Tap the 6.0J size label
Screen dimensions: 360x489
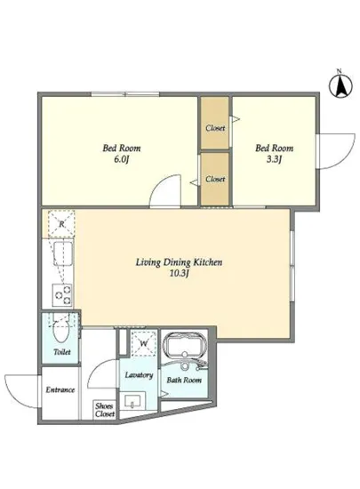click(x=122, y=160)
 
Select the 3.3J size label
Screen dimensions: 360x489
click(x=275, y=160)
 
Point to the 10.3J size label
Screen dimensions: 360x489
click(x=180, y=274)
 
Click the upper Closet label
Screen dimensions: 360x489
click(x=215, y=128)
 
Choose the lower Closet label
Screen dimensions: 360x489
click(x=215, y=179)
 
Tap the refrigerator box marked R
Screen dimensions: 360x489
click(x=61, y=223)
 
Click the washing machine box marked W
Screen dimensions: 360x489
click(x=143, y=343)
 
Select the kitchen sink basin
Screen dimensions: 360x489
click(x=63, y=253)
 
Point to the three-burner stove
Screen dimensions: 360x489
click(x=62, y=294)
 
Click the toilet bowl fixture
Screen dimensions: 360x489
click(x=61, y=330)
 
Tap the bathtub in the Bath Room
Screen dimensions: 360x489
click(x=185, y=346)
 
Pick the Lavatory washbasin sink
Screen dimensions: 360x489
click(x=135, y=401)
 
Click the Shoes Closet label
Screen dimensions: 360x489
click(x=105, y=410)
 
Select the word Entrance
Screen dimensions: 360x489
click(x=60, y=389)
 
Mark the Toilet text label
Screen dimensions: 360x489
click(x=62, y=352)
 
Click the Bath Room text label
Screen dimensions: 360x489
click(x=184, y=381)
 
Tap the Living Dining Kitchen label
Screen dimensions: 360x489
click(x=180, y=262)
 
